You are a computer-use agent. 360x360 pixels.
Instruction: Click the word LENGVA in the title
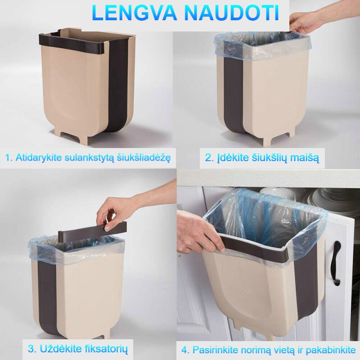[x=135, y=13]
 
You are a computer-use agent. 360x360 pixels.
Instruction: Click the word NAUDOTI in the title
[x=232, y=13]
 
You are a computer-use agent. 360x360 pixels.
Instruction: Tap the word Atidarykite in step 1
[x=39, y=158]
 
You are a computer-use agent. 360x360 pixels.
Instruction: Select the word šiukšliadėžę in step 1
[x=144, y=158]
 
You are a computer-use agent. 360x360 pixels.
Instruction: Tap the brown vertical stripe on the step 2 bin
[x=234, y=94]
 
